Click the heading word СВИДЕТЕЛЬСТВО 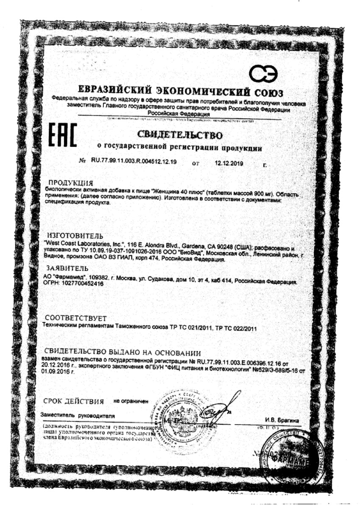(180, 135)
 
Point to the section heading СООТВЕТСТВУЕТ (76, 318)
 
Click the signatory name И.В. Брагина (282, 420)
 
